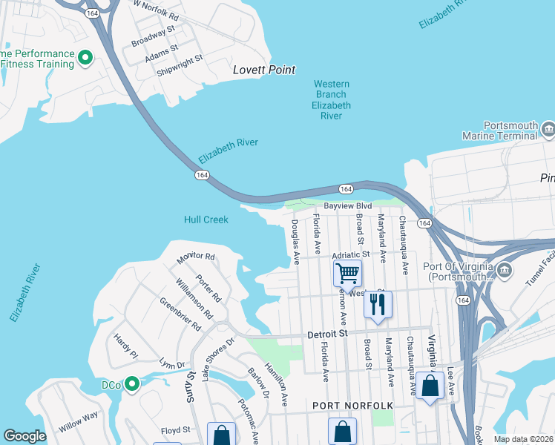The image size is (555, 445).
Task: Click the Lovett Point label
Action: [264, 70]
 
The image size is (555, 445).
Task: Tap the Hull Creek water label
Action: [206, 220]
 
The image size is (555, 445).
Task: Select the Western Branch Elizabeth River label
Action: [330, 100]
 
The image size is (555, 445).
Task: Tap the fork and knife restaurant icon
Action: [378, 303]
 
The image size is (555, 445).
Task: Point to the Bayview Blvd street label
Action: [347, 206]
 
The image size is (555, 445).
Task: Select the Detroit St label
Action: [327, 334]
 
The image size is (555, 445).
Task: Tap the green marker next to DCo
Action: [133, 383]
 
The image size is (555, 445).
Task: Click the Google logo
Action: [24, 436]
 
